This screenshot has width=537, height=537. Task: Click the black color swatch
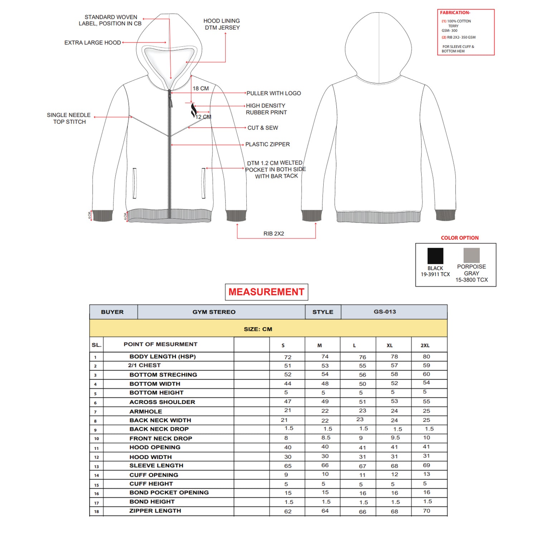pyautogui.click(x=435, y=256)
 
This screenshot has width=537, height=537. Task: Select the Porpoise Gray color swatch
pyautogui.click(x=471, y=256)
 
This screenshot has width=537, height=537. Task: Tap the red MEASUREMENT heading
pyautogui.click(x=266, y=292)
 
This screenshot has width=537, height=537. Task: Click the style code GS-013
pyautogui.click(x=385, y=312)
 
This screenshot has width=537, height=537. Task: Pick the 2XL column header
pyautogui.click(x=425, y=345)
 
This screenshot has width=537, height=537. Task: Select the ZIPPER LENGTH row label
pyautogui.click(x=155, y=511)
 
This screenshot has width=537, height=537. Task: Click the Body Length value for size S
pyautogui.click(x=287, y=357)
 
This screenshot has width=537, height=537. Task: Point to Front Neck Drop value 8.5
pyautogui.click(x=325, y=438)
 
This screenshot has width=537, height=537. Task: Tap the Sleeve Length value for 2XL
pyautogui.click(x=426, y=465)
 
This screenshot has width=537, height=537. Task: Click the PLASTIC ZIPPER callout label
pyautogui.click(x=267, y=144)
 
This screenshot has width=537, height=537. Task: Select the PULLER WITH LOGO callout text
pyautogui.click(x=274, y=93)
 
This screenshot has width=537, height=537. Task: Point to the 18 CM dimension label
pyautogui.click(x=200, y=88)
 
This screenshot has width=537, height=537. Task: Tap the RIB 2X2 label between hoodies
pyautogui.click(x=274, y=233)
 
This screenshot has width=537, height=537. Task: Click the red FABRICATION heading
pyautogui.click(x=455, y=13)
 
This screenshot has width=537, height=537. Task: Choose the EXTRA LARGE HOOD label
pyautogui.click(x=92, y=43)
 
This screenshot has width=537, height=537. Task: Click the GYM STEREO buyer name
pyautogui.click(x=214, y=312)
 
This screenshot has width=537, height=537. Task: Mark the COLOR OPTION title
pyautogui.click(x=460, y=238)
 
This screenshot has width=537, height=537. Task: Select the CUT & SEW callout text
pyautogui.click(x=262, y=128)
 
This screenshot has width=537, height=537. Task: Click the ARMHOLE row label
pyautogui.click(x=146, y=411)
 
